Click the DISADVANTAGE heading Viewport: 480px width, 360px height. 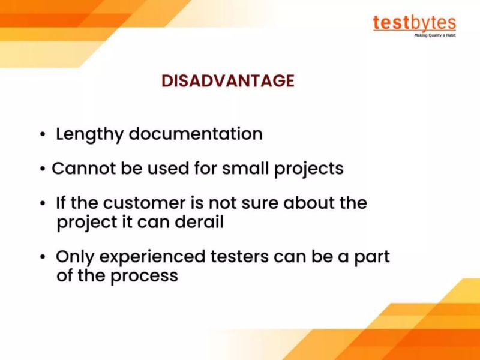coord(228,80)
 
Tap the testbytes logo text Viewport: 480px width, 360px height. coord(414,23)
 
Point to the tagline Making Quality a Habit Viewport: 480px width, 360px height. coord(435,35)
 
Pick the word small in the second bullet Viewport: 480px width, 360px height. coord(247,168)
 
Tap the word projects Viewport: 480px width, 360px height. coord(309,169)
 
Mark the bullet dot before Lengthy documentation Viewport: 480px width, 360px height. coord(43,135)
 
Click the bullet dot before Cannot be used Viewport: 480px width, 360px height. coord(43,169)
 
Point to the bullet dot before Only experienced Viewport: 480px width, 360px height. coord(43,258)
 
